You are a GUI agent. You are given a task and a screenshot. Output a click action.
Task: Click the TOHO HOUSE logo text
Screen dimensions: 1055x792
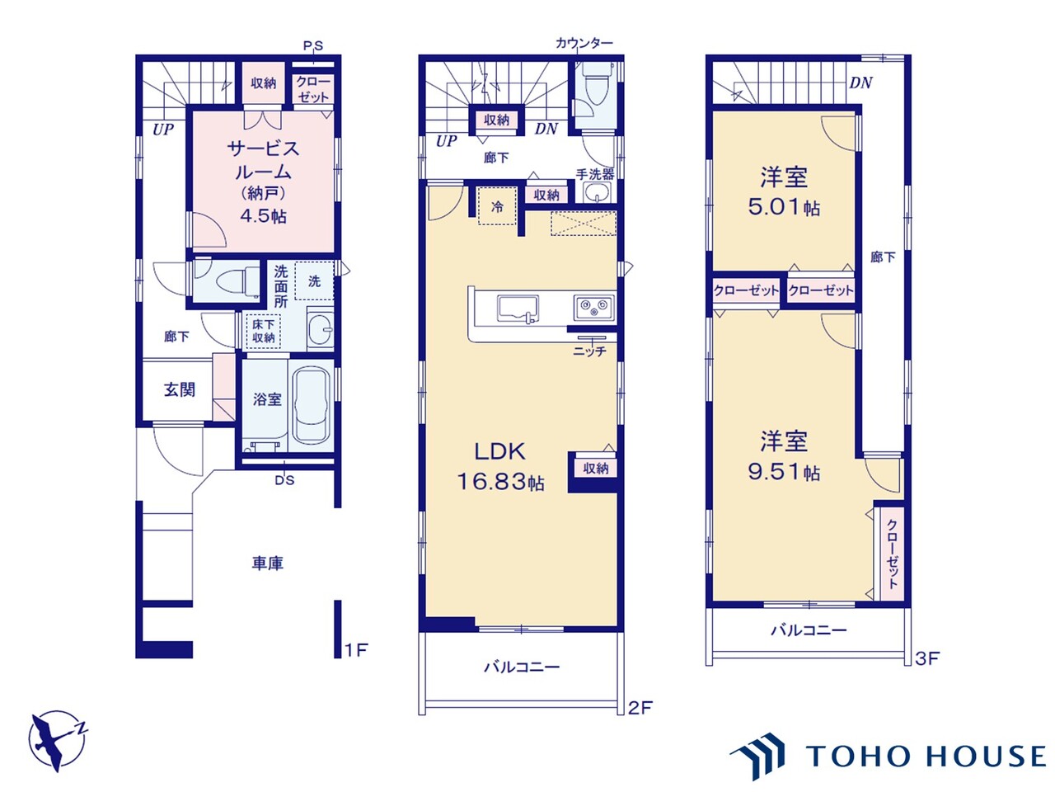(926, 757)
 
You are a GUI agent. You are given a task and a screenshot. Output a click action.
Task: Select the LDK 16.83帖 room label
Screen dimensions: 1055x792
(500, 466)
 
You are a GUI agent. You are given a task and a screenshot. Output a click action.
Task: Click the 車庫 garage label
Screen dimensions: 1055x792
(268, 563)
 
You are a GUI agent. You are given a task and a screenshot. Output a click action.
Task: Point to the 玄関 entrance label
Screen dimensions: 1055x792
(180, 389)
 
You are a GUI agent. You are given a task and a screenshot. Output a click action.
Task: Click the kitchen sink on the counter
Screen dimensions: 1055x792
(518, 309)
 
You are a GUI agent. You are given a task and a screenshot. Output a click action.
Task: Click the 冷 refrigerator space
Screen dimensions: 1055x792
(498, 206)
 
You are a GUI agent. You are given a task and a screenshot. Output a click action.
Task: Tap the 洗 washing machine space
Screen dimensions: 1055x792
(314, 280)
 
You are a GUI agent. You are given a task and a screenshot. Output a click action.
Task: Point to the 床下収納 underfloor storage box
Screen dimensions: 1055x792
(264, 331)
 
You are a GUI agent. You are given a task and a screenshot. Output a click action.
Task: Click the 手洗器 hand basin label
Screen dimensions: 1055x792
(595, 173)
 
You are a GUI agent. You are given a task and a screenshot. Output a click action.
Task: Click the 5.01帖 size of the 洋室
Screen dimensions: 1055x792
(784, 207)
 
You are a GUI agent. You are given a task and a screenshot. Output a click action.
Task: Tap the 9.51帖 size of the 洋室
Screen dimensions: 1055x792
(784, 472)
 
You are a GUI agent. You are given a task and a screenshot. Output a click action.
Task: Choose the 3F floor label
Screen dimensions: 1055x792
(926, 658)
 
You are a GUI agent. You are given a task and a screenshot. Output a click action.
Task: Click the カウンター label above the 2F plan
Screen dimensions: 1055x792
(584, 43)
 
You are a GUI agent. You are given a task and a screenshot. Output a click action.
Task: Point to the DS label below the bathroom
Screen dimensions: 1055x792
(284, 480)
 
